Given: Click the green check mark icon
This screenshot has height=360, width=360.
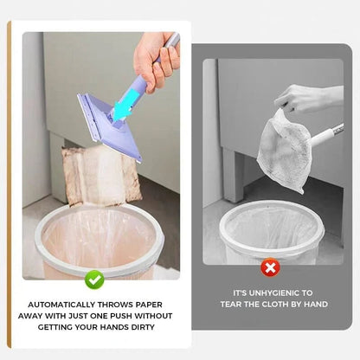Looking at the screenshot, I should pyautogui.click(x=95, y=280).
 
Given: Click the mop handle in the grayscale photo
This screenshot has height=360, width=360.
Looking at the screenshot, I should pyautogui.click(x=326, y=134).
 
